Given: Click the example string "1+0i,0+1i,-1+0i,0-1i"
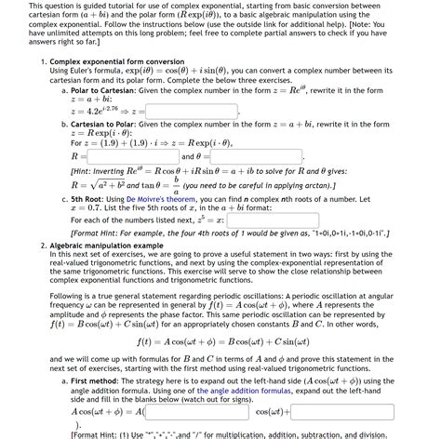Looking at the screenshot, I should [x=335, y=233].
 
